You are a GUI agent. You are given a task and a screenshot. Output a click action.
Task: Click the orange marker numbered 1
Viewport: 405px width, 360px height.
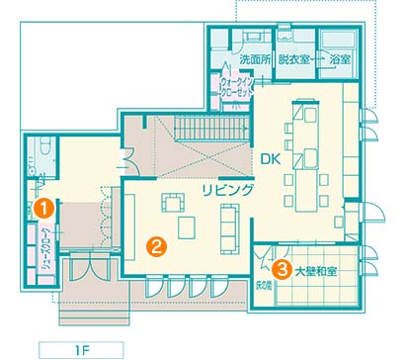coord(44,209)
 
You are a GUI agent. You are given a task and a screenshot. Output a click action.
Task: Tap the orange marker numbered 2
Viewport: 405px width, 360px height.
coord(157,246)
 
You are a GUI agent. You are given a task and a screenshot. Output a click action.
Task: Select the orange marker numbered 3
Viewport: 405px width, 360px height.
coord(283,270)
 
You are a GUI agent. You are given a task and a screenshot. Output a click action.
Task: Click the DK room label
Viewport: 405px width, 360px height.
coord(271,159)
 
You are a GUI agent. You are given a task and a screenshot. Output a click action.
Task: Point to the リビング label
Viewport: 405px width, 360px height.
coord(228,190)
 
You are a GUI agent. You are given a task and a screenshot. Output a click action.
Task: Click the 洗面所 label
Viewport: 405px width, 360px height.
coord(255,59)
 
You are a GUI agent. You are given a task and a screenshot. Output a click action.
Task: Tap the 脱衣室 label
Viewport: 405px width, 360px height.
coord(293,59)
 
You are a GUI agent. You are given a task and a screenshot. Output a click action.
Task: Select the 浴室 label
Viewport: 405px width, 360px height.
coord(340,59)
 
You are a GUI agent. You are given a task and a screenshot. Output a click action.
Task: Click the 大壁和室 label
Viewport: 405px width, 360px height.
coord(315,272)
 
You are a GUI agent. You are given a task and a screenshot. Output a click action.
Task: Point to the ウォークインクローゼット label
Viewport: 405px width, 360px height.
coord(237,87)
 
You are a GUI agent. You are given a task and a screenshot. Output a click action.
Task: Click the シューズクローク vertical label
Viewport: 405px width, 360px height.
coord(47,250)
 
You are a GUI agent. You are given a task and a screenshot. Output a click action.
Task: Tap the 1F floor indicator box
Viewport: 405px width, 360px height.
coord(81,350)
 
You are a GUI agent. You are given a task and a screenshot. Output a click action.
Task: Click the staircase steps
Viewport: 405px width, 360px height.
coord(210,129)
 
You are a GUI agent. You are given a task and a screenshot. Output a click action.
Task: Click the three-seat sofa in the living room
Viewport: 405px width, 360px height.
coord(229,228)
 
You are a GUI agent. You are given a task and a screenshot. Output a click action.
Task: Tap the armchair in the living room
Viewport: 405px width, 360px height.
coord(173,202)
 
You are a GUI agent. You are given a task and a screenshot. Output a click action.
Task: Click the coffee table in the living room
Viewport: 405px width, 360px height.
coord(187,227)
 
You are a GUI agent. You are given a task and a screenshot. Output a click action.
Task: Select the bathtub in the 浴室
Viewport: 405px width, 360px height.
coord(339,40)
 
